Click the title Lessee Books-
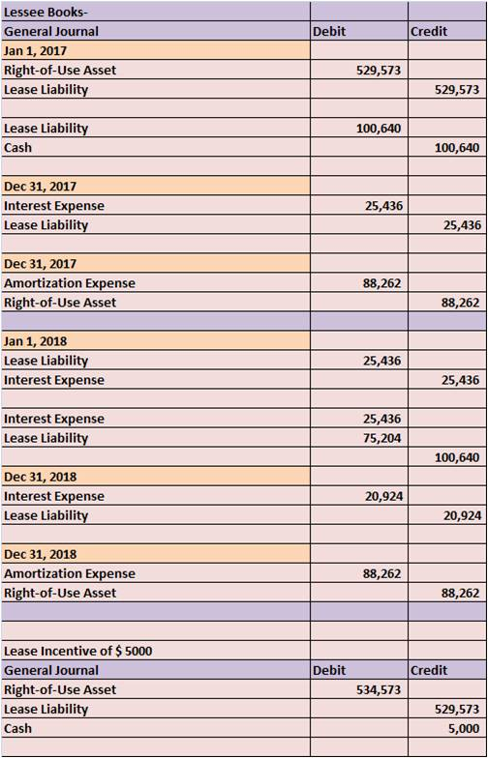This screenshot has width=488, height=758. coord(46,13)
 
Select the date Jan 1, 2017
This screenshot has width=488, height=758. coord(35,50)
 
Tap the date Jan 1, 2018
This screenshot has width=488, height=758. coord(35,341)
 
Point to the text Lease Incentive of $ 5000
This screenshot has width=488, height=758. coord(77,652)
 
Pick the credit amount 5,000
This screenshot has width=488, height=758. coord(464,729)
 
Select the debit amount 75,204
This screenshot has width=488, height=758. coord(381,438)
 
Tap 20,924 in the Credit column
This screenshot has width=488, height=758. coord(461,515)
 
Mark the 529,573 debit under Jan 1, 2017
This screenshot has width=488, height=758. coord(380,71)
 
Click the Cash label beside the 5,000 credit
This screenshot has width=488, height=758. coord(17,729)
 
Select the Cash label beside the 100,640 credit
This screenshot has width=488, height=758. coord(17,147)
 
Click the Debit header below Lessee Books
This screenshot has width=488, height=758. coord(329,32)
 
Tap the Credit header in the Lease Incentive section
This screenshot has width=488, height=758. coord(428,671)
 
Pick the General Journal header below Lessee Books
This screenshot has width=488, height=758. coord(50,32)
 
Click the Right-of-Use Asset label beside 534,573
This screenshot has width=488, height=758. coord(60,690)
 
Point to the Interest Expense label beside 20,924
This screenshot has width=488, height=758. coord(54,496)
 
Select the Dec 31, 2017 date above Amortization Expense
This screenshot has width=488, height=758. coord(41,264)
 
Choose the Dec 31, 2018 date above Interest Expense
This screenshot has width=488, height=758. coord(41,477)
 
